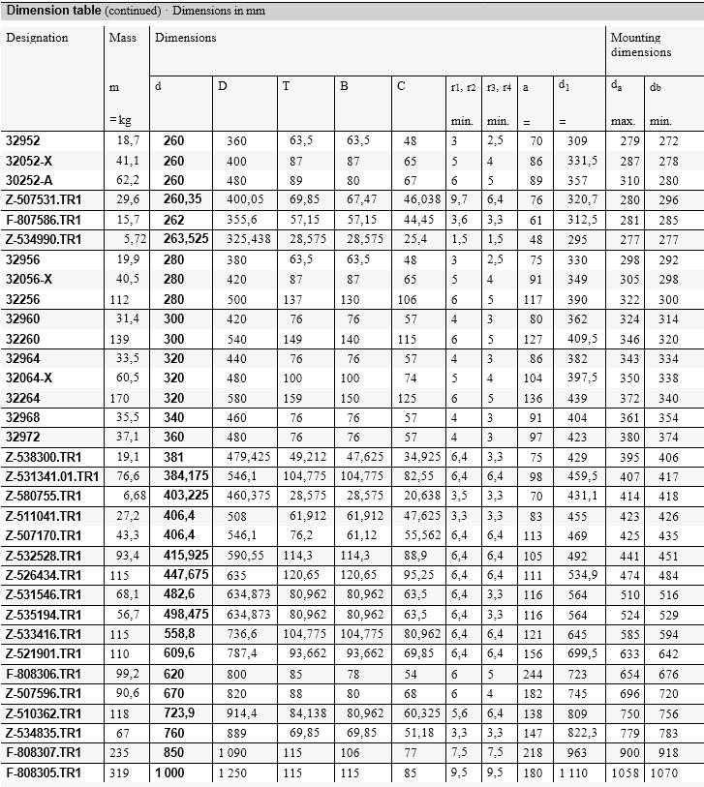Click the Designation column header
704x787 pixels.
click(37, 38)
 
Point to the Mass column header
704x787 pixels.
click(122, 38)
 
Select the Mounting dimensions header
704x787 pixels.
click(640, 45)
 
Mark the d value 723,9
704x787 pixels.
click(180, 713)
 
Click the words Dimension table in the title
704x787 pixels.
click(47, 11)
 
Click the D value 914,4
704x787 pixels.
click(236, 713)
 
